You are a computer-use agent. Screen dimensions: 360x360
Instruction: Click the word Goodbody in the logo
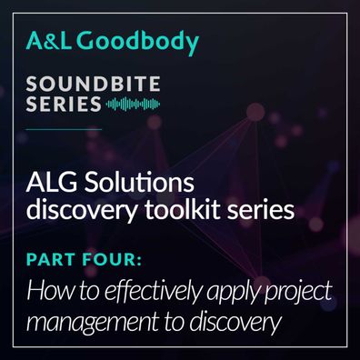tap(140, 43)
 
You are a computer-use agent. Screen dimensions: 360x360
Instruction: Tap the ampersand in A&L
tap(48, 41)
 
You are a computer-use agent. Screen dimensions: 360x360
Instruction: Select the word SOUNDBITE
tap(93, 84)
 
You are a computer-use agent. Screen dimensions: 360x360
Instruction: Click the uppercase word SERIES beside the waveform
tap(64, 104)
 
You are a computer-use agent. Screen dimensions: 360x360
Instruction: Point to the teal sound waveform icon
tap(133, 105)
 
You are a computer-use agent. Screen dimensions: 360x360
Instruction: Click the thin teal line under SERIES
tap(64, 129)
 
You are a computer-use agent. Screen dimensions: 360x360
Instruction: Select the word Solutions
tap(139, 183)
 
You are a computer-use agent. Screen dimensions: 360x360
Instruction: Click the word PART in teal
tap(51, 259)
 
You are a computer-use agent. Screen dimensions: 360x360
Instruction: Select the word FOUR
tap(109, 259)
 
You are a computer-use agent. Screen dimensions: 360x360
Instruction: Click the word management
tap(92, 323)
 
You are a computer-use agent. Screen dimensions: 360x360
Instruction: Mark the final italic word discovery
tap(235, 323)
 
